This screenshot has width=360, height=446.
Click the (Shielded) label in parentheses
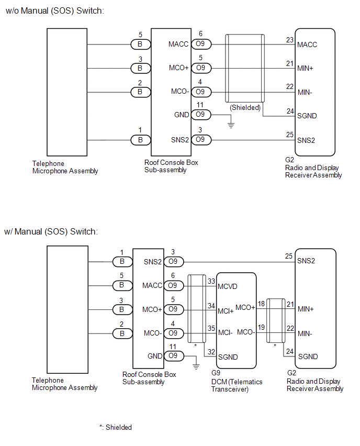pos(245,107)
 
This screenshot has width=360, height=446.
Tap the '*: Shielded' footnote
pos(116,427)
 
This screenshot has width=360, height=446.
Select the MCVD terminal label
pos(228,286)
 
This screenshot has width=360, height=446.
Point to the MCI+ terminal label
pos(226,311)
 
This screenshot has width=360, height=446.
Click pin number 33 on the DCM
pos(211,281)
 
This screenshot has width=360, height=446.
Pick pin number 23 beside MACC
pos(290,40)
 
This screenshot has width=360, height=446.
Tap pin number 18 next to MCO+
pos(261,304)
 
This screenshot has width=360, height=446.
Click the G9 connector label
pos(216,373)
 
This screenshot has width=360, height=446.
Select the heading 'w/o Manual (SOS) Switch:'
pos(55,11)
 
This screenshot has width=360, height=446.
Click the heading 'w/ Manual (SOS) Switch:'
pos(51,231)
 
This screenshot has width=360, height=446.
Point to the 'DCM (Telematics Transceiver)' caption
pos(237,385)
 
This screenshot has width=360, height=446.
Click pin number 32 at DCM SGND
pos(211,352)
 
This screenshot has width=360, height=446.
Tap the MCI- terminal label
pos(225,332)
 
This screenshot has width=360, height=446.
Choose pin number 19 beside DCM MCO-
pos(261,327)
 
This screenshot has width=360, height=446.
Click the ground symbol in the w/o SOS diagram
pos(231,125)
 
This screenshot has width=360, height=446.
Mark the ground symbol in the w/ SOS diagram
pos(196,366)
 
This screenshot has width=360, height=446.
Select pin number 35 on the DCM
pos(211,328)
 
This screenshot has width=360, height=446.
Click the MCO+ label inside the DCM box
pos(245,307)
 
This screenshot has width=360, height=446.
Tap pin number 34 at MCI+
pos(211,306)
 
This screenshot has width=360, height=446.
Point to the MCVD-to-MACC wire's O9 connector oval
pos(174,285)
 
